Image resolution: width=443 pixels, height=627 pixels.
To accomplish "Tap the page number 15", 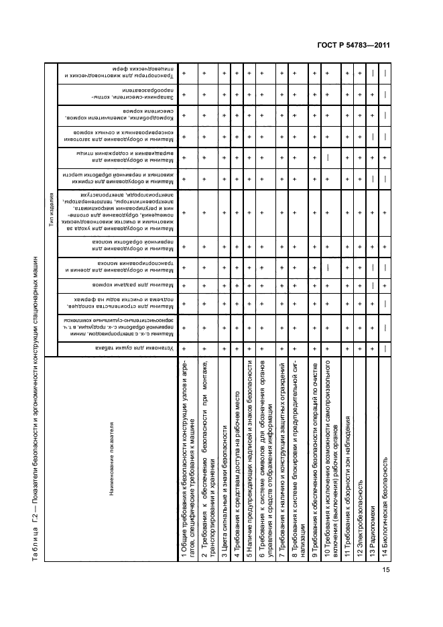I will (386, 570).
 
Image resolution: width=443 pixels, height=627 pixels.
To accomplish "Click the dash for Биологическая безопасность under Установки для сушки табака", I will (385, 349).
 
